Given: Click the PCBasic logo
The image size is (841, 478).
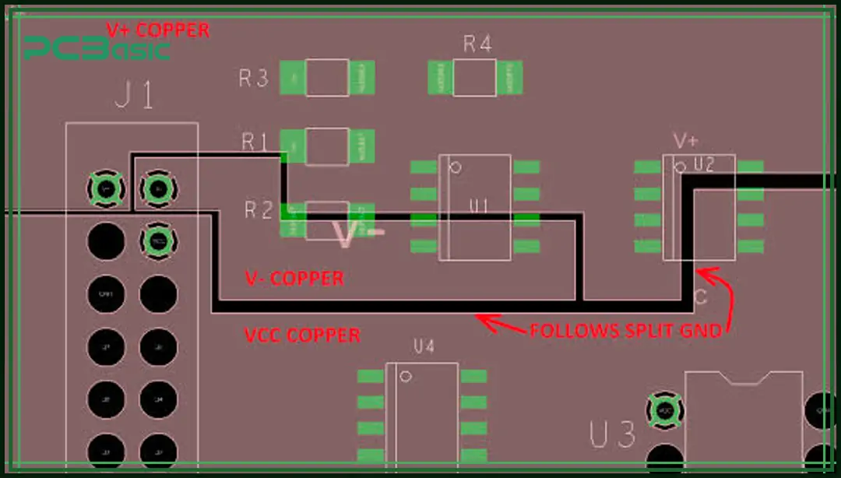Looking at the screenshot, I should [x=97, y=50].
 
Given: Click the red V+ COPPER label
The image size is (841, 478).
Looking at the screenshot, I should [x=158, y=30].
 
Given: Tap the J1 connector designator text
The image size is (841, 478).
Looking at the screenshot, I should [x=134, y=97].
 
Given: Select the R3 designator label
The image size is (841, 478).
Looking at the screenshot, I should [x=253, y=78].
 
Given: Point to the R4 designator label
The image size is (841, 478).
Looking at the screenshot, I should [x=477, y=44].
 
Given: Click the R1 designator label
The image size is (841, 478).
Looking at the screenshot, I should [x=255, y=142].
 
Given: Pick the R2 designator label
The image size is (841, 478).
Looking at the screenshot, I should [x=259, y=209].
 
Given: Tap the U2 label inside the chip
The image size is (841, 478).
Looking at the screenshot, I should [x=704, y=164].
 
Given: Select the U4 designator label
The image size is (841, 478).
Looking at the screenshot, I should [x=424, y=347].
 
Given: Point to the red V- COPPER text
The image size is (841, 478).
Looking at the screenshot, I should [x=294, y=278].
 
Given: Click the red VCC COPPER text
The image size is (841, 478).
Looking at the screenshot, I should [x=302, y=336].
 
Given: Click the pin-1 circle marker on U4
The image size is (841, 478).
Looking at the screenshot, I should [x=405, y=377].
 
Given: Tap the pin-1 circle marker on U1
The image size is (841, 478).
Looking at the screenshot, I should [x=457, y=167].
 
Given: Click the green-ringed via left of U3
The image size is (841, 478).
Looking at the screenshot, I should [x=664, y=409].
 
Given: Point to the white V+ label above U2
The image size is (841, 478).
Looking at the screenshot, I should [x=685, y=142].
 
